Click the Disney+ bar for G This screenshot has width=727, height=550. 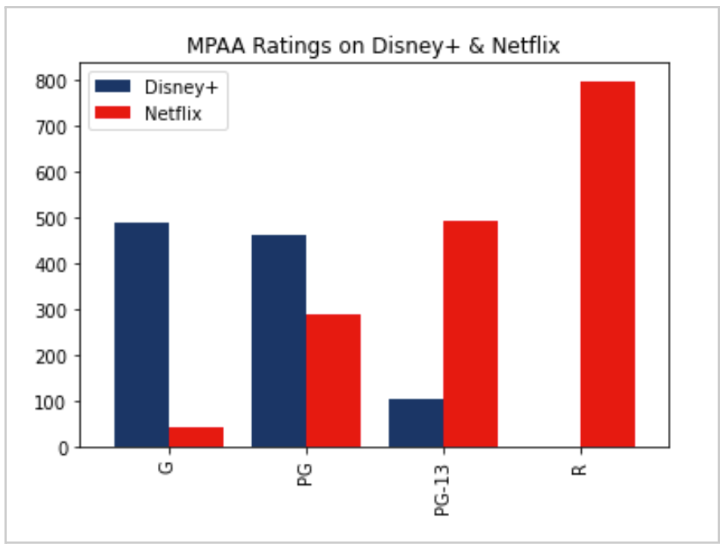point(141,335)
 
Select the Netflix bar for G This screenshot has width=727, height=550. point(196,437)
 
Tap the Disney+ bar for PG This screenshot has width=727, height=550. point(278,341)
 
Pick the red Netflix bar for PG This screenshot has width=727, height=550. point(333,381)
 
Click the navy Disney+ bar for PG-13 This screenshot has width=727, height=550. point(415,423)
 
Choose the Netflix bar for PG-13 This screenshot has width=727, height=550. point(470,334)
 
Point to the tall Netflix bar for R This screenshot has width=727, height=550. point(607,264)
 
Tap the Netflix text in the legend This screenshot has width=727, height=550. point(172,113)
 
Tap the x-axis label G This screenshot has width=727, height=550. point(168,467)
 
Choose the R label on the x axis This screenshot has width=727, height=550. point(580,467)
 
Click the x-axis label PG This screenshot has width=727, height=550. point(306,473)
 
